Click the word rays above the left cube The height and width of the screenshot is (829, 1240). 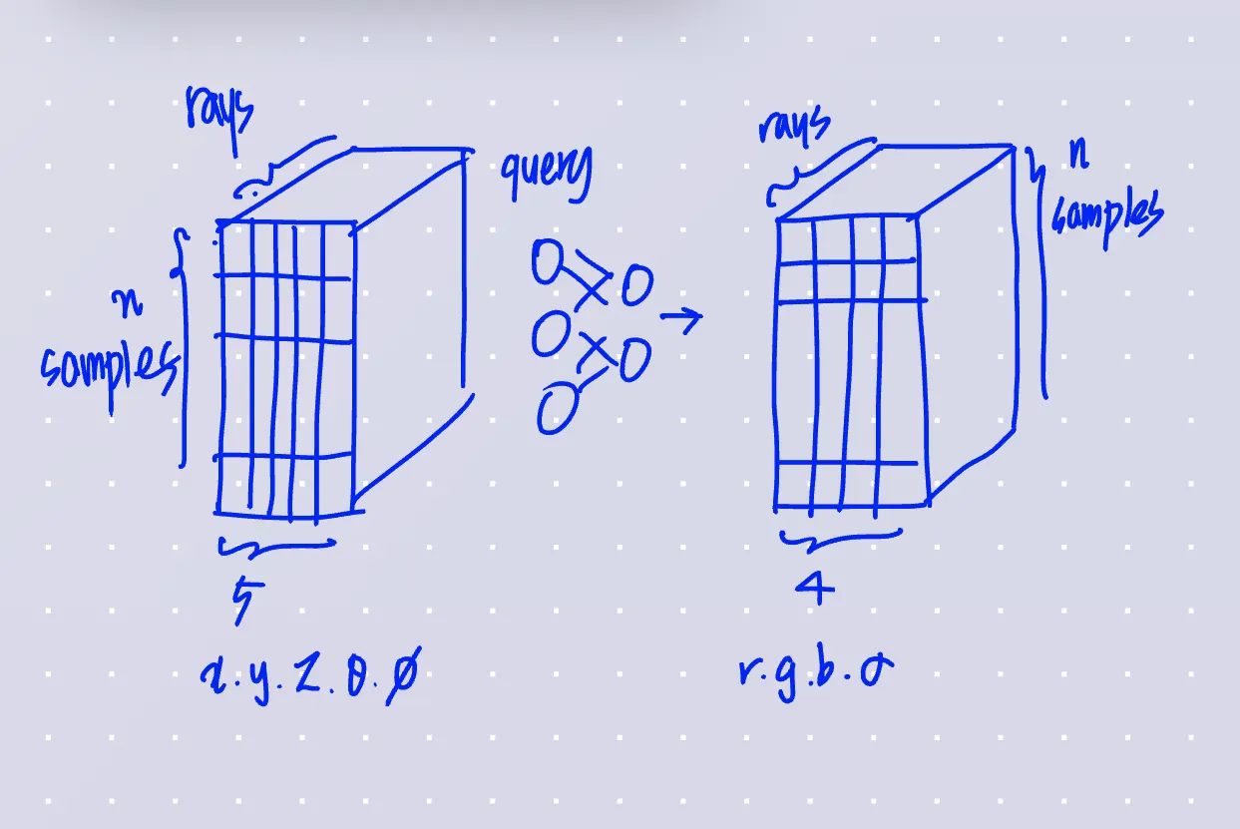tap(220, 113)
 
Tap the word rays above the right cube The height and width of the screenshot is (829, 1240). tap(794, 127)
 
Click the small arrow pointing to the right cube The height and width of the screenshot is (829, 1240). tap(681, 318)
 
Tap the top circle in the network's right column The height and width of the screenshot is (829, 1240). tap(636, 288)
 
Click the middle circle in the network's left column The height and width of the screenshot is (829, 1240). tap(549, 335)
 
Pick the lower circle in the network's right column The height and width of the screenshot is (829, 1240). tap(634, 360)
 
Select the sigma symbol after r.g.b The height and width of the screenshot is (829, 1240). tap(876, 670)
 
